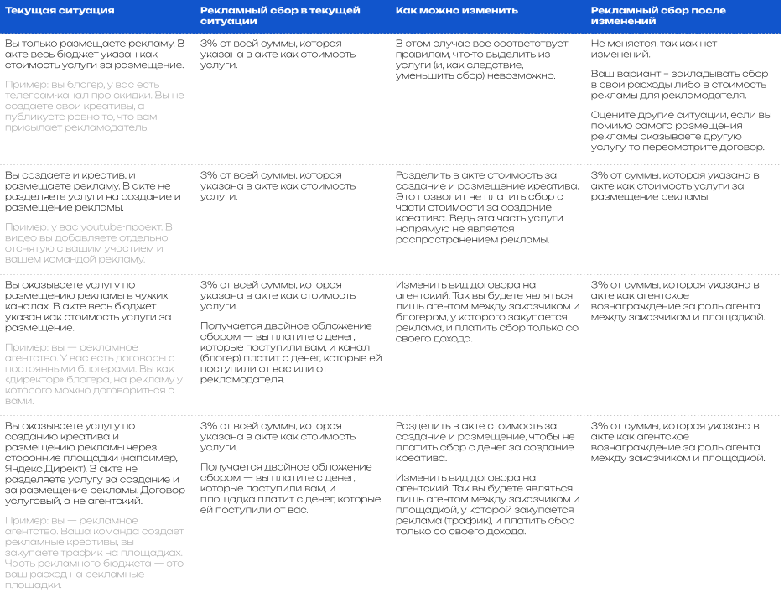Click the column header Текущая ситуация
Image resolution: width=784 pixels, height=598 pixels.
point(60,11)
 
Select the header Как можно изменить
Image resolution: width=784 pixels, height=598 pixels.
point(457,11)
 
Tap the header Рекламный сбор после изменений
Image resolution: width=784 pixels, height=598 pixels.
point(658,17)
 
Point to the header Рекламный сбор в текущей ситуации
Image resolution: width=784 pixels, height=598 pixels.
point(280,17)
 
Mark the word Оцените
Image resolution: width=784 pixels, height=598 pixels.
point(613,115)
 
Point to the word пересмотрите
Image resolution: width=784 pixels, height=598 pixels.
point(678,147)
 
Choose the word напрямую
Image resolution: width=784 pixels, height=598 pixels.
point(419,228)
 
